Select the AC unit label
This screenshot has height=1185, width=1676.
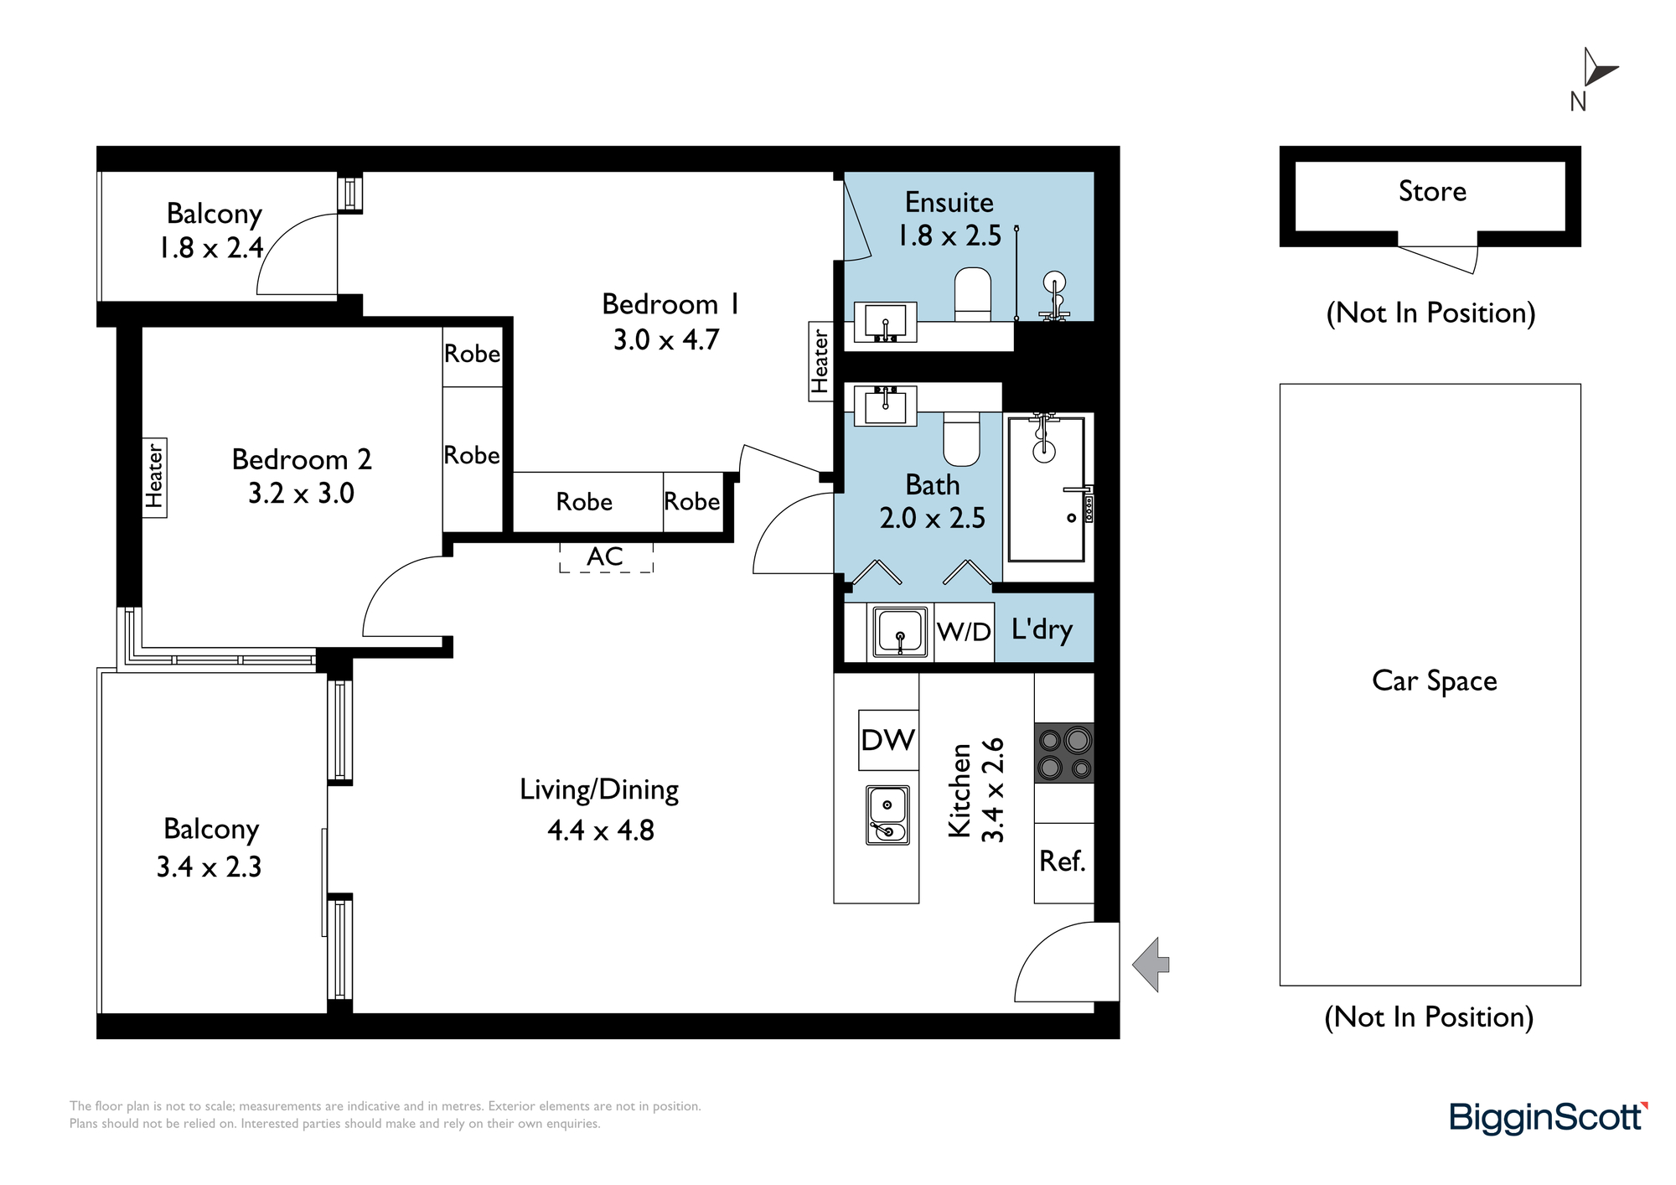605,556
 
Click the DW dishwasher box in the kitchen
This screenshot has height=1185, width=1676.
888,740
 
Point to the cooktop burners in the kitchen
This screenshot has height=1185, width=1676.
1064,753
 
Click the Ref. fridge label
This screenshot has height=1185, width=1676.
1063,861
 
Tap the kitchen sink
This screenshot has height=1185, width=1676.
887,815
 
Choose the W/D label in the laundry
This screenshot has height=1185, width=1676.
964,631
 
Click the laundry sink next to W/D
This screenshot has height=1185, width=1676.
900,632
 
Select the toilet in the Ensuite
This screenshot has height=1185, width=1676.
973,294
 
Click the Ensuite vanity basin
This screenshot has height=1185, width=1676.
885,323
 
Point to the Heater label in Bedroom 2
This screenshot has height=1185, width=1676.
154,477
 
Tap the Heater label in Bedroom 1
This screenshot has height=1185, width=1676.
820,361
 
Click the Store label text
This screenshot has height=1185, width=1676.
1432,191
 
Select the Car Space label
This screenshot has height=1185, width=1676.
1434,681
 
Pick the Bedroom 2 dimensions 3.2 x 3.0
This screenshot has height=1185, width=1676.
301,494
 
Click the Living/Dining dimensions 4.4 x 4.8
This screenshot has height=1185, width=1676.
600,831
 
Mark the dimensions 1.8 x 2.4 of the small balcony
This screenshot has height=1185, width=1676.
211,248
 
